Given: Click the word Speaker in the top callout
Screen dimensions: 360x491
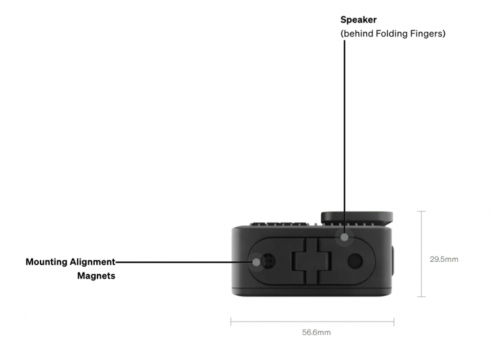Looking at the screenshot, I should point(358,20).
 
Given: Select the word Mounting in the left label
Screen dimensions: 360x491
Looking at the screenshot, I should point(46,262).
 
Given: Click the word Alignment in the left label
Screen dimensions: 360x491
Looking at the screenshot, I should point(92,262).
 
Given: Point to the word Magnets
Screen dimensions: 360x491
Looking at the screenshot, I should point(96,276).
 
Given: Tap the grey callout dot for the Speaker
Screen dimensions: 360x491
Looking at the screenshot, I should point(344,237).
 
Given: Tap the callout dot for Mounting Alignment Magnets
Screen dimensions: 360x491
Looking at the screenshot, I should point(257,261).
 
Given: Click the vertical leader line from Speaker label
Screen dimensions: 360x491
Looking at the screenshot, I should point(344,133).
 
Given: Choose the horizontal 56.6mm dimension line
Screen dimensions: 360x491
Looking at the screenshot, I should point(313,322).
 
